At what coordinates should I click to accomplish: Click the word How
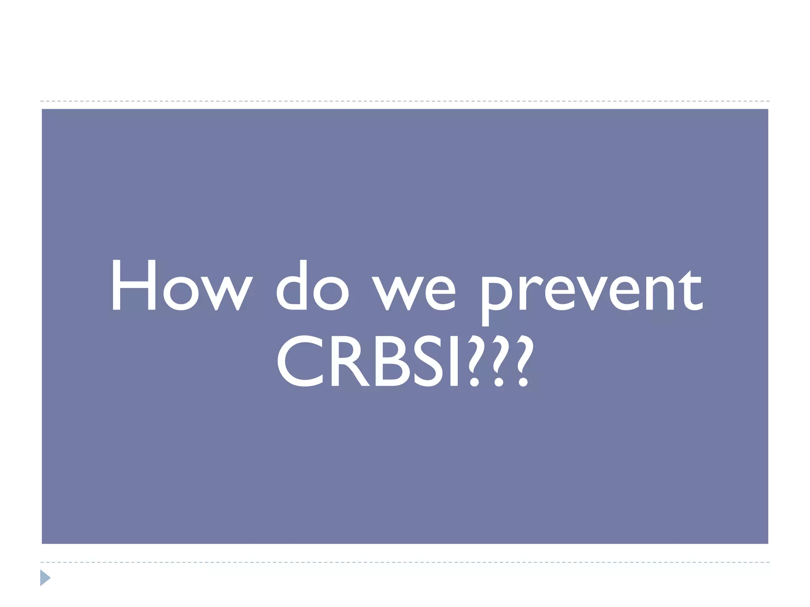pos(181,285)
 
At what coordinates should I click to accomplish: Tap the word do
pos(312,285)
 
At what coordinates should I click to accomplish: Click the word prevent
pos(591,292)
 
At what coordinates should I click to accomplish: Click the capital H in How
pos(134,285)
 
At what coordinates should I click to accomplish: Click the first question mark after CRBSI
pos(475,360)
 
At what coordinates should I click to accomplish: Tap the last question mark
pos(525,360)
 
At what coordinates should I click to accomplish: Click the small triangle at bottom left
pos(45,578)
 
